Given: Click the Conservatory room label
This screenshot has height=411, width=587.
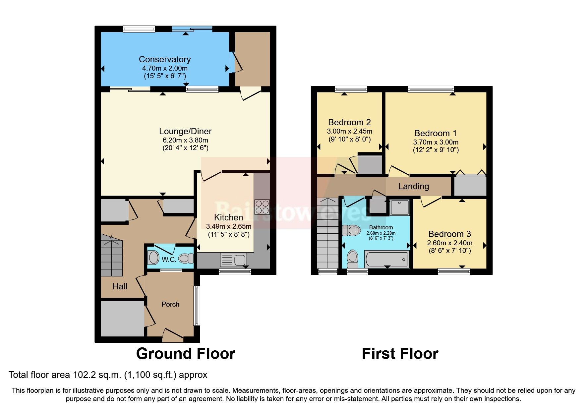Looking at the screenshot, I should (x=165, y=59).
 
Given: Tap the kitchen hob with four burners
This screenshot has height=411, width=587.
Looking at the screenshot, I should (x=262, y=207).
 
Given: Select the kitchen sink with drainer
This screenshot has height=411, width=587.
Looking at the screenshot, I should (x=233, y=260).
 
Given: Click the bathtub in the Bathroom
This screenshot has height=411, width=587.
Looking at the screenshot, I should (x=386, y=259).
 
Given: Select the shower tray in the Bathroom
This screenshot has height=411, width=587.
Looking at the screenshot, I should (x=399, y=207).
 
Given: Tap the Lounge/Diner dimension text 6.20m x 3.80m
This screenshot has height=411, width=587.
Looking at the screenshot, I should (x=185, y=140).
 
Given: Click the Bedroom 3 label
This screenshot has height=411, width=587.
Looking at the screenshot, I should (x=449, y=234).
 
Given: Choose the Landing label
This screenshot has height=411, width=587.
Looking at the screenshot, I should (x=413, y=186).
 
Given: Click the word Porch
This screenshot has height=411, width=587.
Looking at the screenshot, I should (x=170, y=304).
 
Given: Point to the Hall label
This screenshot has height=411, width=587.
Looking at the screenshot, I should (x=120, y=286).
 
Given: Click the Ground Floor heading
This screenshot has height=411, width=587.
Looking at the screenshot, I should (x=186, y=354).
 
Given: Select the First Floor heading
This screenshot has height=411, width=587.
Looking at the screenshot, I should (x=400, y=354).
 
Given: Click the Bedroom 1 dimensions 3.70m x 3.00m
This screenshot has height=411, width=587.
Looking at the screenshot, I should (x=436, y=142).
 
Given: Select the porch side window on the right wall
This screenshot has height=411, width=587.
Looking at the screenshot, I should (x=197, y=306).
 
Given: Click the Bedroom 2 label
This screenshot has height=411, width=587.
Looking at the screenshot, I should (x=349, y=122).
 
